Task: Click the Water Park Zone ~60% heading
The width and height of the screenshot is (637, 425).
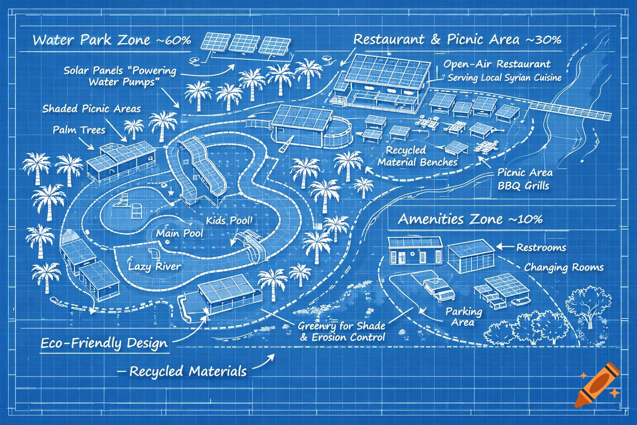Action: pos(112,40)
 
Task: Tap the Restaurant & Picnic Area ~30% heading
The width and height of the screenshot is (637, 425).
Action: pos(457,39)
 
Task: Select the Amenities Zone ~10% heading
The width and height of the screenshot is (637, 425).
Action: pos(470,219)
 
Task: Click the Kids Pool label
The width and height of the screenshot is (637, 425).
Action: pos(229,220)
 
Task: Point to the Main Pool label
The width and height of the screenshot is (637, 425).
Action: pos(180,233)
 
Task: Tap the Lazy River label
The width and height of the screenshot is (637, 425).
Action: pos(154,266)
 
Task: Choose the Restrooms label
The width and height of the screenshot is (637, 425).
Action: pos(541,248)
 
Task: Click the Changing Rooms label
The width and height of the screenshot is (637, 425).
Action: pos(564,267)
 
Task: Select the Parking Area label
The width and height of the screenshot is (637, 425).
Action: pos(464,317)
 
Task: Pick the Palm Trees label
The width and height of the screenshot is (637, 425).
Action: pos(79,130)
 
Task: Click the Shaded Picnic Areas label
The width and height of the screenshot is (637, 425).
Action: pos(91,109)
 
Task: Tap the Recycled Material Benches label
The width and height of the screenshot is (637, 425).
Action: pos(417,156)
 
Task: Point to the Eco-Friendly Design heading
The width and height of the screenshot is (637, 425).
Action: pos(104,343)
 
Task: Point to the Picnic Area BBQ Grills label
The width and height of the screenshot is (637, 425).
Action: pos(524,179)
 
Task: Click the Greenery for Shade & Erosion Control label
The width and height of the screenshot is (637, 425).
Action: pos(342,331)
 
